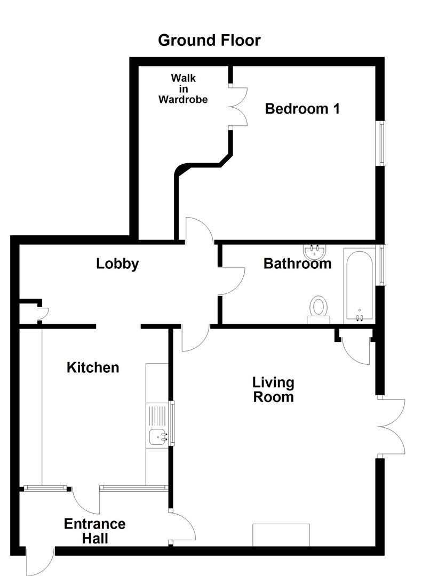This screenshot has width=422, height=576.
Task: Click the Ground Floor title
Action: pos(209,40)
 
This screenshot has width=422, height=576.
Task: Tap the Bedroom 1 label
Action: pos(302,109)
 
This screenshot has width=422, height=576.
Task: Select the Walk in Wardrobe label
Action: pos(183,89)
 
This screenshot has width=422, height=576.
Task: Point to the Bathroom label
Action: pos(297,263)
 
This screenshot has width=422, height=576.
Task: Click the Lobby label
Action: pos(117,263)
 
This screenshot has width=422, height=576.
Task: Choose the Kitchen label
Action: pos(93,367)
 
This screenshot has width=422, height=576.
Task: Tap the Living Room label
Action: pos(273,390)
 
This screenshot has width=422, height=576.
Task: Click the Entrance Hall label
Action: pos(94,531)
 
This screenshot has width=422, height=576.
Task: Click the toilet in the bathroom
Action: pos(319,309)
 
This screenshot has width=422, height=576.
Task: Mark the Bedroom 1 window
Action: pos(382,143)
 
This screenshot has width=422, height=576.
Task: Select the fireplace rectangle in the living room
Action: pos(281,535)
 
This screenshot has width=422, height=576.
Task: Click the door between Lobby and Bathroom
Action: pos(230,281)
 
